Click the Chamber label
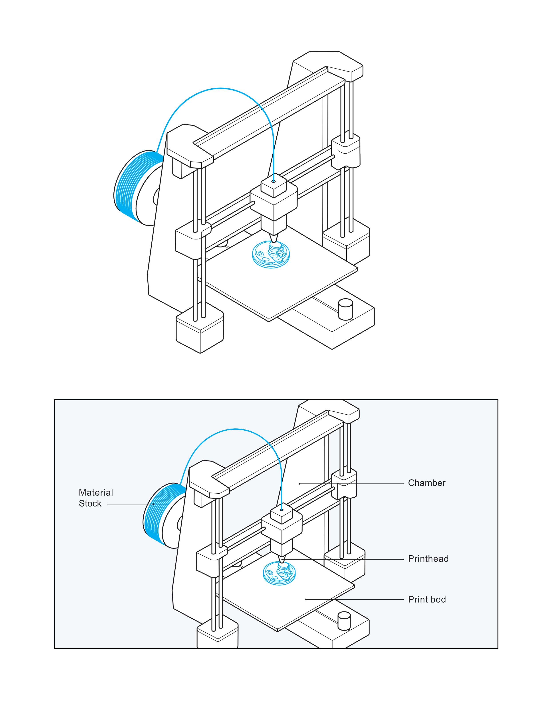click(x=426, y=483)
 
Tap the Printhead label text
click(x=428, y=559)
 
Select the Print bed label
click(x=427, y=599)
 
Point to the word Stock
click(x=90, y=503)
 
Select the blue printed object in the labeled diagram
click(x=280, y=573)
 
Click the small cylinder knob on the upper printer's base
click(x=345, y=309)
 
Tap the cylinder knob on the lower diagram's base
click(x=344, y=621)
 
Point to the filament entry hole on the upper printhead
click(x=274, y=181)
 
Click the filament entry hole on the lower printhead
click(x=282, y=510)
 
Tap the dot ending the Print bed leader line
click(x=306, y=599)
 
